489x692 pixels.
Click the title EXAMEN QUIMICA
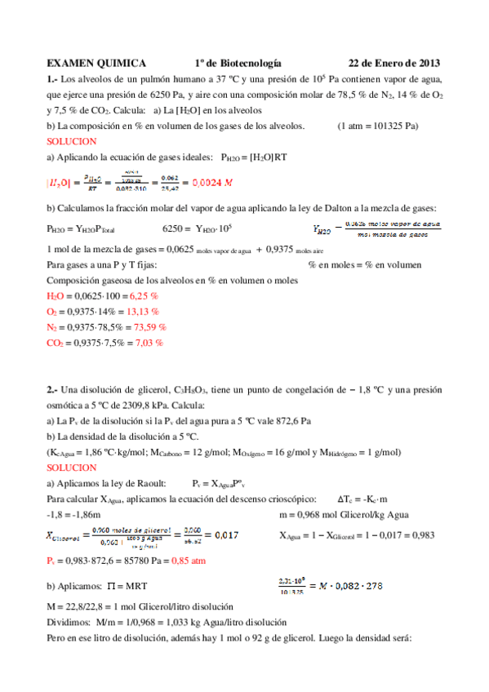[96, 63]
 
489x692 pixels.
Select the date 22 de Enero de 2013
[394, 63]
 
